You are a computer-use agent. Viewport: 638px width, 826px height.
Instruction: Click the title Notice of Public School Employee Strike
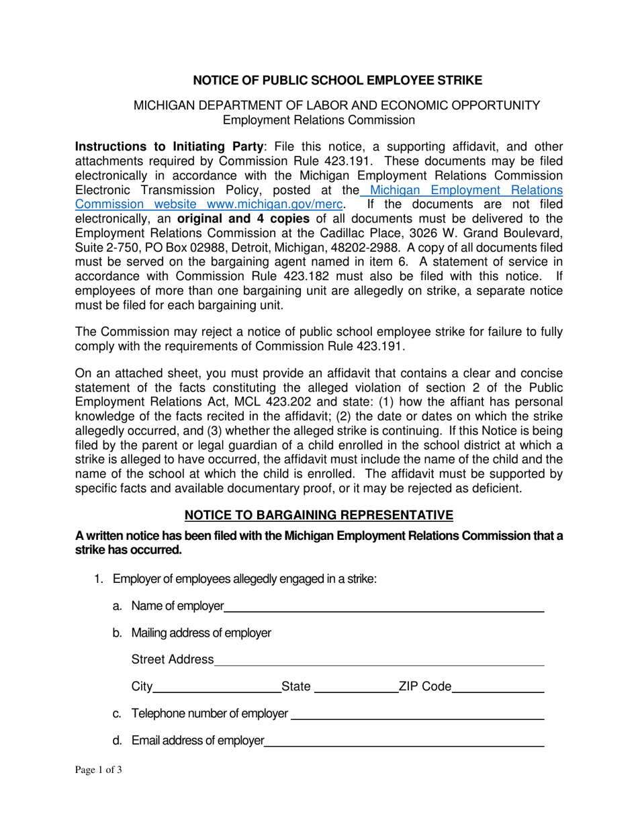[338, 81]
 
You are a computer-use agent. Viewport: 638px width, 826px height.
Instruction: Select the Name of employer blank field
[383, 607]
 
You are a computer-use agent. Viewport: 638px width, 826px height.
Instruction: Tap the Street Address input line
[379, 660]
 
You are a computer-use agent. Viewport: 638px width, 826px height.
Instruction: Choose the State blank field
[356, 687]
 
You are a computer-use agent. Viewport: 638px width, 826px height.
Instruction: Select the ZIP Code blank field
[498, 687]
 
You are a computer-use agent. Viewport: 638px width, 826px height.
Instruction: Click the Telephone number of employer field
[417, 714]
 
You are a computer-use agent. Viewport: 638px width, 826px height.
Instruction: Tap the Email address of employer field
[404, 741]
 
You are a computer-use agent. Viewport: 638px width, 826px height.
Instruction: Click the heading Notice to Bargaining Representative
[319, 515]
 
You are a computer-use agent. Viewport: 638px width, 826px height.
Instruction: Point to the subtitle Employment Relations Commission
[319, 120]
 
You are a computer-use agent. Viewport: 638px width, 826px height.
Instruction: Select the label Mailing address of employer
[201, 633]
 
